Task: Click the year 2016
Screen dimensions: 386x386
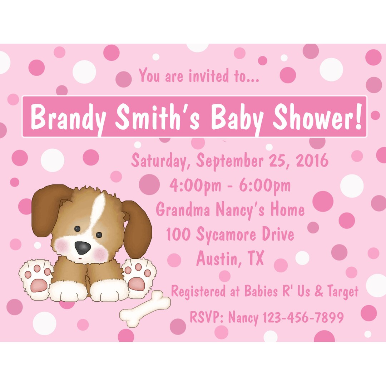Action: point(312,160)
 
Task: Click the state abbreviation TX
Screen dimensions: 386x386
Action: point(255,258)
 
